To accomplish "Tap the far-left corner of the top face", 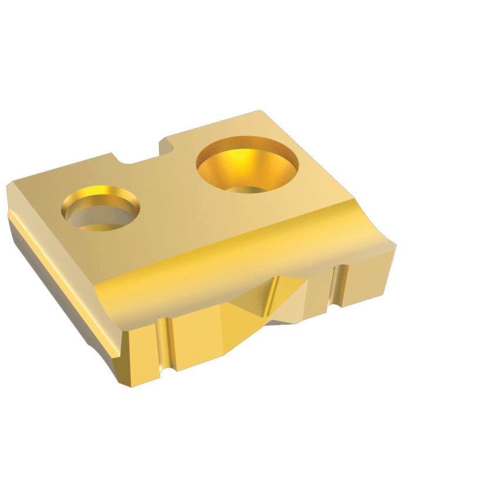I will [8, 186].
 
